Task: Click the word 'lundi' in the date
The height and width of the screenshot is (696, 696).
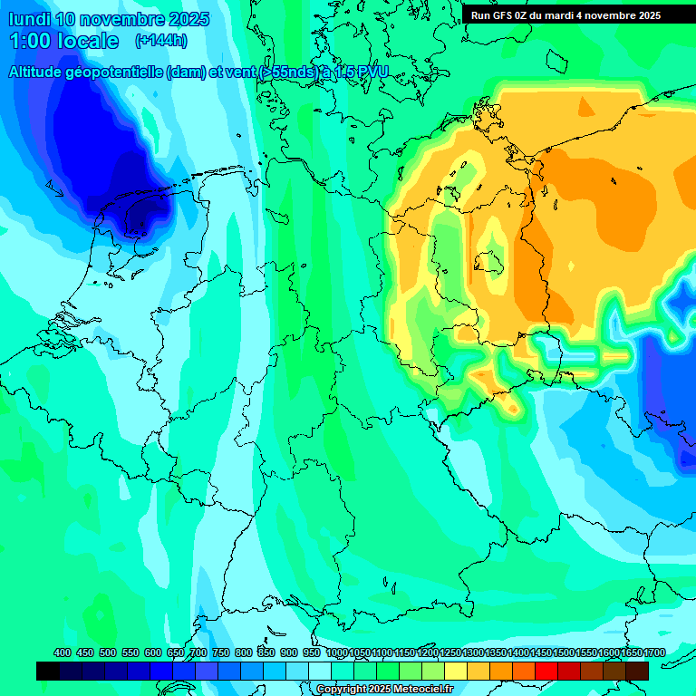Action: [28, 19]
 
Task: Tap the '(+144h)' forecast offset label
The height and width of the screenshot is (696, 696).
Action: [160, 41]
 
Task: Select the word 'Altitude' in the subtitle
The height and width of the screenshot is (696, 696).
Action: [41, 72]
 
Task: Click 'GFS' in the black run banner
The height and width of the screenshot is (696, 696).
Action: [508, 15]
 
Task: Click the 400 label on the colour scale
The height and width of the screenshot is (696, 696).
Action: [63, 652]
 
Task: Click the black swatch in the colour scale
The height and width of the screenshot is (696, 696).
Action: [48, 671]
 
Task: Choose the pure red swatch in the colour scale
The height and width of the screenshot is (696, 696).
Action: [546, 671]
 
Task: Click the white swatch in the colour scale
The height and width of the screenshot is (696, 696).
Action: [320, 671]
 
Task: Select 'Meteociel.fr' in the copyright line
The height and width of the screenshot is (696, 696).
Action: [422, 690]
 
